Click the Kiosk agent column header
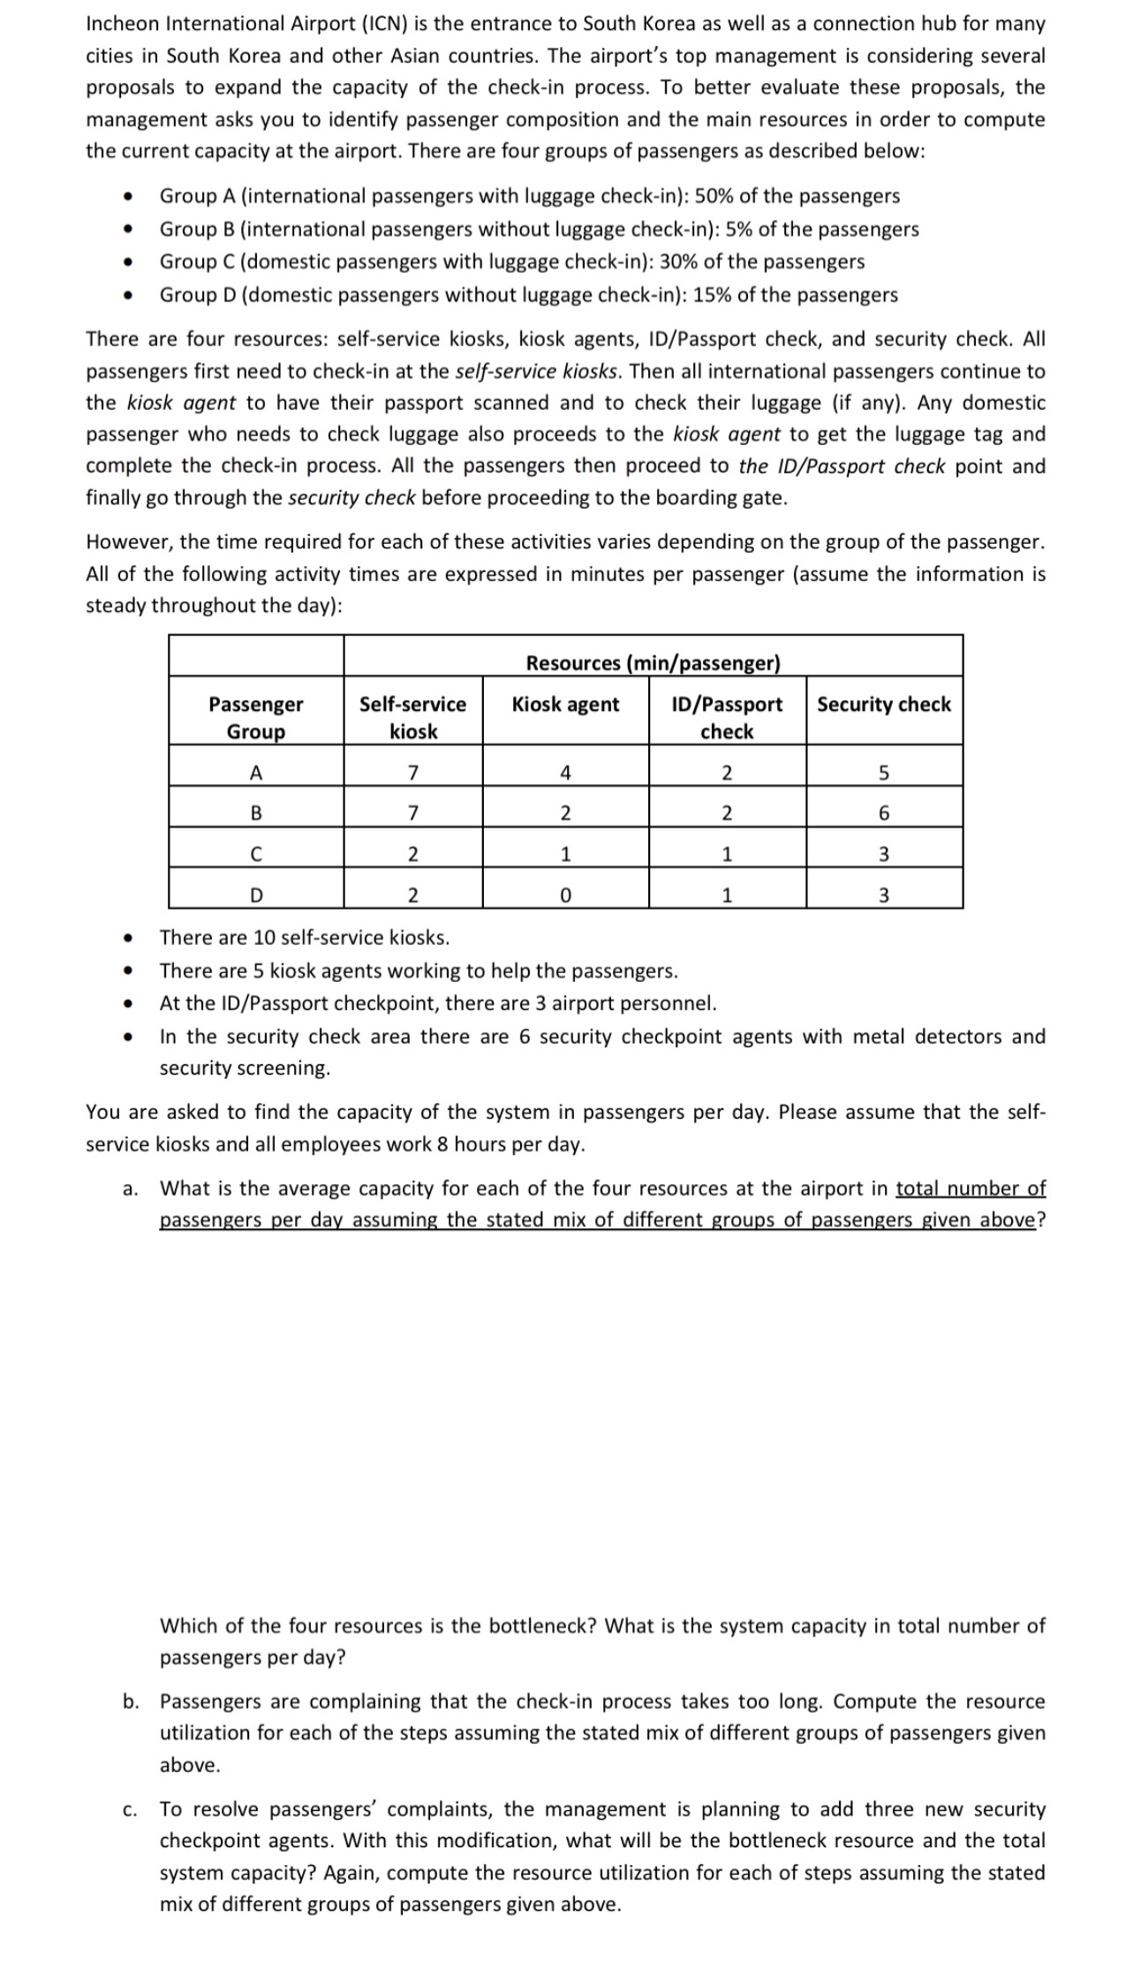point(565,704)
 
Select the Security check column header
point(883,704)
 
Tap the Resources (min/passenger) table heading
point(653,662)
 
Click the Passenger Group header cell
point(255,717)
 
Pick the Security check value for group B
point(884,813)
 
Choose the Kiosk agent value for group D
point(565,895)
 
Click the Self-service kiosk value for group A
point(412,773)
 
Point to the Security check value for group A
point(884,773)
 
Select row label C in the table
point(255,854)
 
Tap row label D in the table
point(255,895)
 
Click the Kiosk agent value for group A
point(565,773)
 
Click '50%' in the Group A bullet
point(715,196)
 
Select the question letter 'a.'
point(130,1189)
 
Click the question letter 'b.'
point(130,1701)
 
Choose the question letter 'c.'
point(129,1809)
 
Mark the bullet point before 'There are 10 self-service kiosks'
point(129,938)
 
